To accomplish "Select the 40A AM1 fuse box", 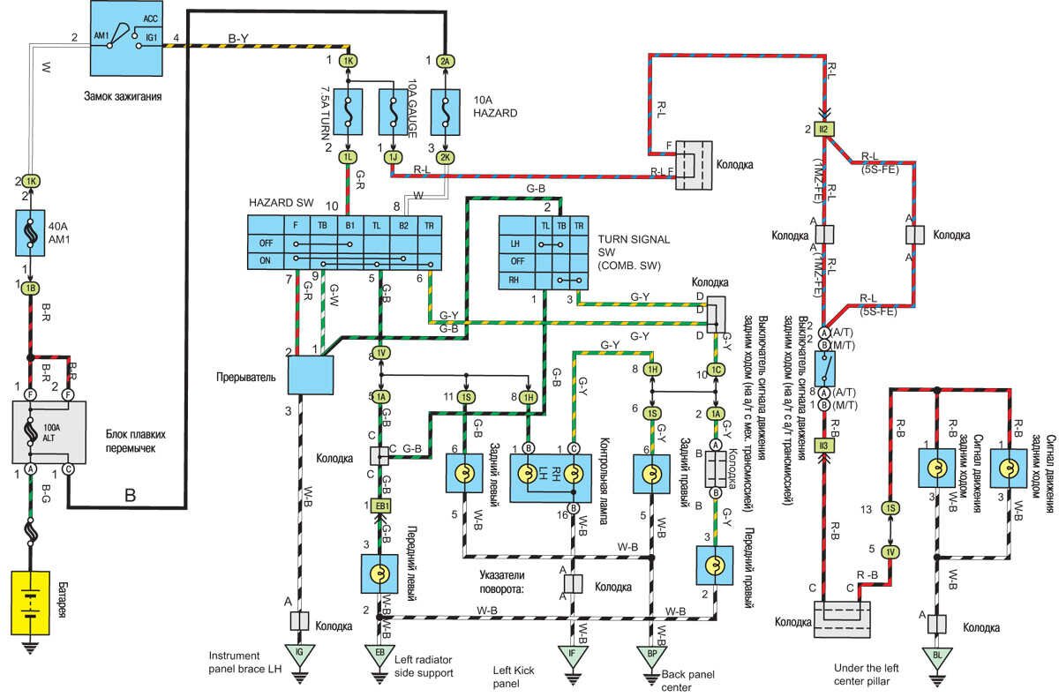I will tap(31, 234).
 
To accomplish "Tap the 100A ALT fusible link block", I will tap(48, 431).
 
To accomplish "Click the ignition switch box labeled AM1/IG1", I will tap(127, 36).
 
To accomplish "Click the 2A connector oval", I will tap(446, 61).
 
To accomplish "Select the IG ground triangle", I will tap(300, 654).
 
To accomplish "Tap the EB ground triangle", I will tap(380, 654).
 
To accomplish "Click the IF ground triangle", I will tap(573, 654).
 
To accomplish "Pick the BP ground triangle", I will tap(651, 654).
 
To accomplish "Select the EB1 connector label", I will tap(381, 505).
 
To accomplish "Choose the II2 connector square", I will tap(823, 130).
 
